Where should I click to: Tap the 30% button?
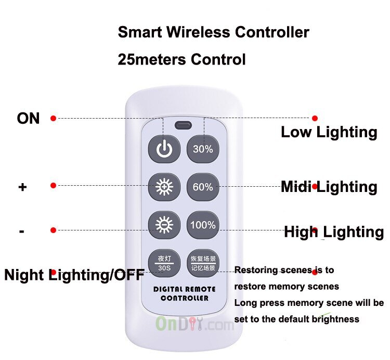(x=203, y=149)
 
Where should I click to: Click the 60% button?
(x=203, y=187)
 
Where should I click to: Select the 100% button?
(x=203, y=225)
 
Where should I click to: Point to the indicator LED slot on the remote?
(x=183, y=125)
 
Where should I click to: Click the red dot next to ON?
(x=53, y=119)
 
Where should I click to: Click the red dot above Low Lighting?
(x=315, y=119)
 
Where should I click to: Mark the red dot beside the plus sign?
(x=53, y=185)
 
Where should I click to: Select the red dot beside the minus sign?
(x=53, y=230)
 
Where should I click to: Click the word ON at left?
(x=28, y=119)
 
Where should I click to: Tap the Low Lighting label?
(x=329, y=132)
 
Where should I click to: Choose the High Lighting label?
(x=334, y=232)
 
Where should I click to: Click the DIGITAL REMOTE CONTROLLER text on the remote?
(x=185, y=293)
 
